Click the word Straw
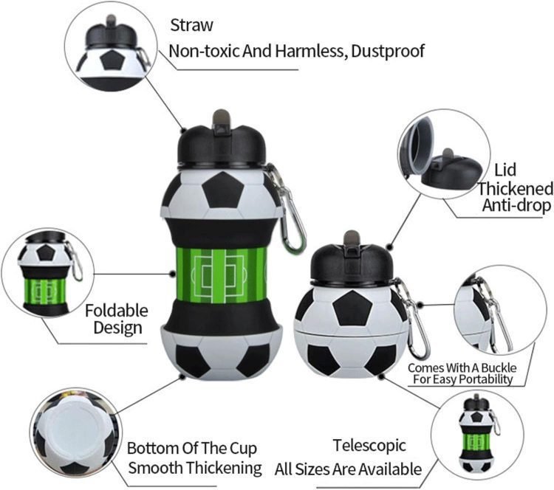(191, 25)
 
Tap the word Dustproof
(388, 51)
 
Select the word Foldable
(117, 311)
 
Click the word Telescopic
(369, 446)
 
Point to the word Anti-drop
(516, 205)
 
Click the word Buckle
(499, 367)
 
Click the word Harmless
(310, 51)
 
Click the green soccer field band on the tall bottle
(221, 275)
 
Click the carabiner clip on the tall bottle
(289, 209)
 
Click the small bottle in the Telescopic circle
(478, 436)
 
